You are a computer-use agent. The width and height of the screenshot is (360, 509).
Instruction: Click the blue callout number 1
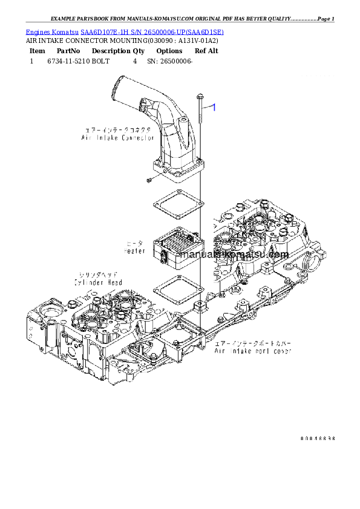pyautogui.click(x=212, y=107)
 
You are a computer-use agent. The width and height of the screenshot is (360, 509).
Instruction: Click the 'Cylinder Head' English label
pyautogui.click(x=98, y=282)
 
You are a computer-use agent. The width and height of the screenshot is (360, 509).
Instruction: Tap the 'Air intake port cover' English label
pyautogui.click(x=253, y=351)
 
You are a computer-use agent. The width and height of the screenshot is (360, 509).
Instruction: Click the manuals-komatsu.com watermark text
pyautogui.click(x=231, y=254)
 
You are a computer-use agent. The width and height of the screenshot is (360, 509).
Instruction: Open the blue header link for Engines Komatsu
pyautogui.click(x=125, y=31)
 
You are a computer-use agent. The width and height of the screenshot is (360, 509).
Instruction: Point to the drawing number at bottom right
pyautogui.click(x=317, y=438)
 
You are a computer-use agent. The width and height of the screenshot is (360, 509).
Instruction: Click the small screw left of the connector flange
pyautogui.click(x=148, y=180)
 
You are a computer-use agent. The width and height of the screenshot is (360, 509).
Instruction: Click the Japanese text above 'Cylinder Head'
pyautogui.click(x=98, y=274)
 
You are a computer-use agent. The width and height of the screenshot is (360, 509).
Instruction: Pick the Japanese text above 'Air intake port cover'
pyautogui.click(x=253, y=343)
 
